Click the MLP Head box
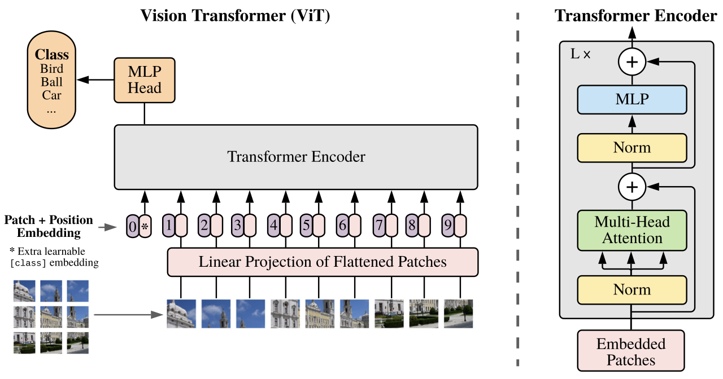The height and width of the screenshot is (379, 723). [145, 80]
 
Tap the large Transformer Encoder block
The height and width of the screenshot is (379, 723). [296, 157]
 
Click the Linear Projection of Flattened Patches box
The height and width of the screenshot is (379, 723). [323, 262]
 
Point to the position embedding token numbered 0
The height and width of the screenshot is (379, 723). [132, 227]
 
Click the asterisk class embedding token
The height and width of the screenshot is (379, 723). [145, 227]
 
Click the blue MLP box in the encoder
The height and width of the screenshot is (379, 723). [632, 99]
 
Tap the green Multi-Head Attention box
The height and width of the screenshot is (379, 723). [632, 230]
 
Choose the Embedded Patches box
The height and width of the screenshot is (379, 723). [631, 352]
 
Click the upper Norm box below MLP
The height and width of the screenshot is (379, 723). [632, 148]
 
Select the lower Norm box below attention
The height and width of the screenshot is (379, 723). [632, 290]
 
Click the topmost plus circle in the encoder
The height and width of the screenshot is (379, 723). [632, 62]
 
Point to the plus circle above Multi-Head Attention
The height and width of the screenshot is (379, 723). [632, 187]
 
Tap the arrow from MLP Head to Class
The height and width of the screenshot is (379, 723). [96, 80]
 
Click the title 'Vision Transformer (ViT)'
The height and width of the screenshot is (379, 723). [235, 16]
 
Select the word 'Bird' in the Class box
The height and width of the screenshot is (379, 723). [51, 69]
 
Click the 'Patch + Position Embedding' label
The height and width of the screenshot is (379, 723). [48, 226]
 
